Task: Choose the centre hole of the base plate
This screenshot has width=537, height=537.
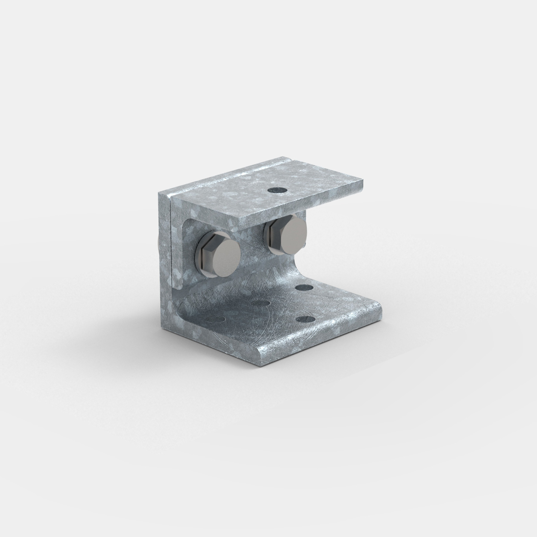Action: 261,303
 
